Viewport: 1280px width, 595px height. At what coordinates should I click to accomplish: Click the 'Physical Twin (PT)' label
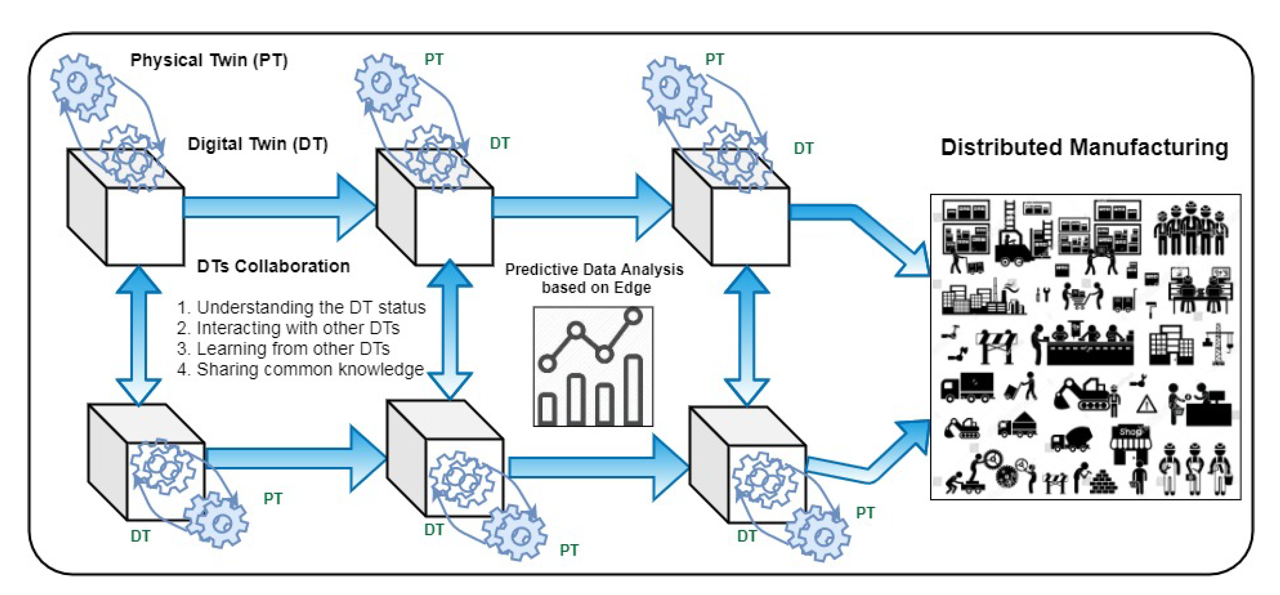(209, 60)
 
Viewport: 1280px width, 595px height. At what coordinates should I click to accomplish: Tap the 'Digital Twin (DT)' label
(258, 144)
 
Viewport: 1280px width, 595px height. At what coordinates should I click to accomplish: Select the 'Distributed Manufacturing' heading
(1084, 148)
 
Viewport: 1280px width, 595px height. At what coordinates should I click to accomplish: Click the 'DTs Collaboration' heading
(273, 266)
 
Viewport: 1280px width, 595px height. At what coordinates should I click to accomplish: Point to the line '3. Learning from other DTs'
(283, 349)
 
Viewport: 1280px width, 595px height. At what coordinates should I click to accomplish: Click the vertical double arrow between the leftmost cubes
(139, 335)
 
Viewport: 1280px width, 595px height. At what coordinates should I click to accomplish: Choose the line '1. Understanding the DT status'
(301, 308)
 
